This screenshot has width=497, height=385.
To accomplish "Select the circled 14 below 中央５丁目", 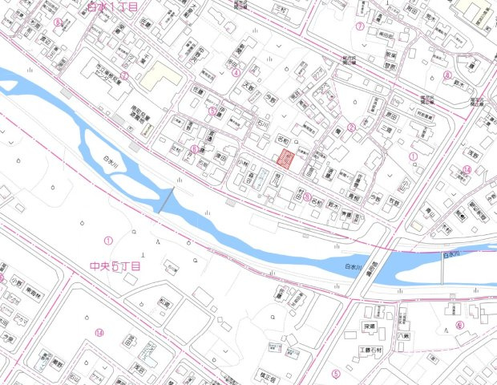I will click(99, 333).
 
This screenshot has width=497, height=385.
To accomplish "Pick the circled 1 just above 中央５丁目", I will click(107, 240).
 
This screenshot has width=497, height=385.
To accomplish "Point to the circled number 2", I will click(350, 127).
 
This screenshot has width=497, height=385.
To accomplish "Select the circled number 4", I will click(236, 72).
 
